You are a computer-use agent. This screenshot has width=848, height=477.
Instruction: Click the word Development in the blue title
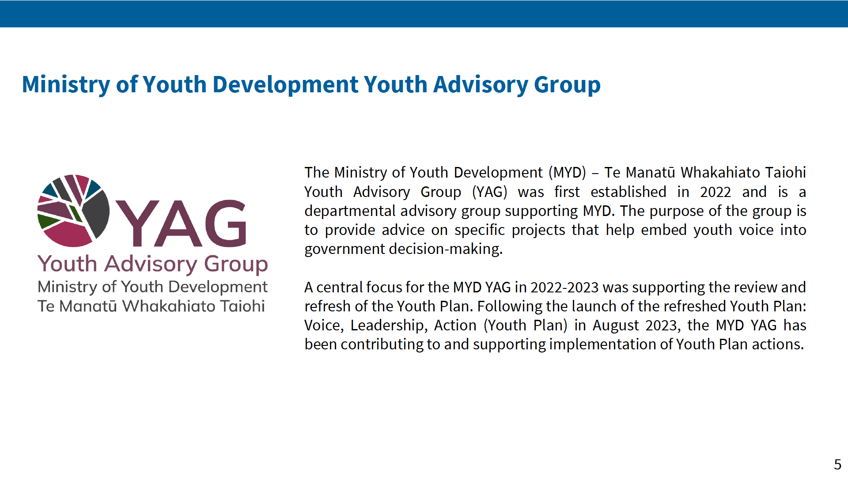tap(285, 85)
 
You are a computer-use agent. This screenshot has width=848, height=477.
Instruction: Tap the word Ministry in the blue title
tap(66, 85)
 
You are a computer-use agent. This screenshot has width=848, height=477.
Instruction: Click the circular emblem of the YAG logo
tap(74, 211)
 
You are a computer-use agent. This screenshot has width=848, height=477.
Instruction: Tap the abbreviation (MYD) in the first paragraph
tap(567, 172)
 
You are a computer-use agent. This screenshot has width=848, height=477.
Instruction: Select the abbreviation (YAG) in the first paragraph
tap(489, 192)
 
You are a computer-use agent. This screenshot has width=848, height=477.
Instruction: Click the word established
tap(628, 192)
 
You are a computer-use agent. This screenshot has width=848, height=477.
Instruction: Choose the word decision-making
tap(446, 249)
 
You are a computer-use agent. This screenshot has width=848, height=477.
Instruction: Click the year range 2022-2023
tap(564, 288)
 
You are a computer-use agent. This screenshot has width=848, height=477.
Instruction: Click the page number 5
tap(837, 464)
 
